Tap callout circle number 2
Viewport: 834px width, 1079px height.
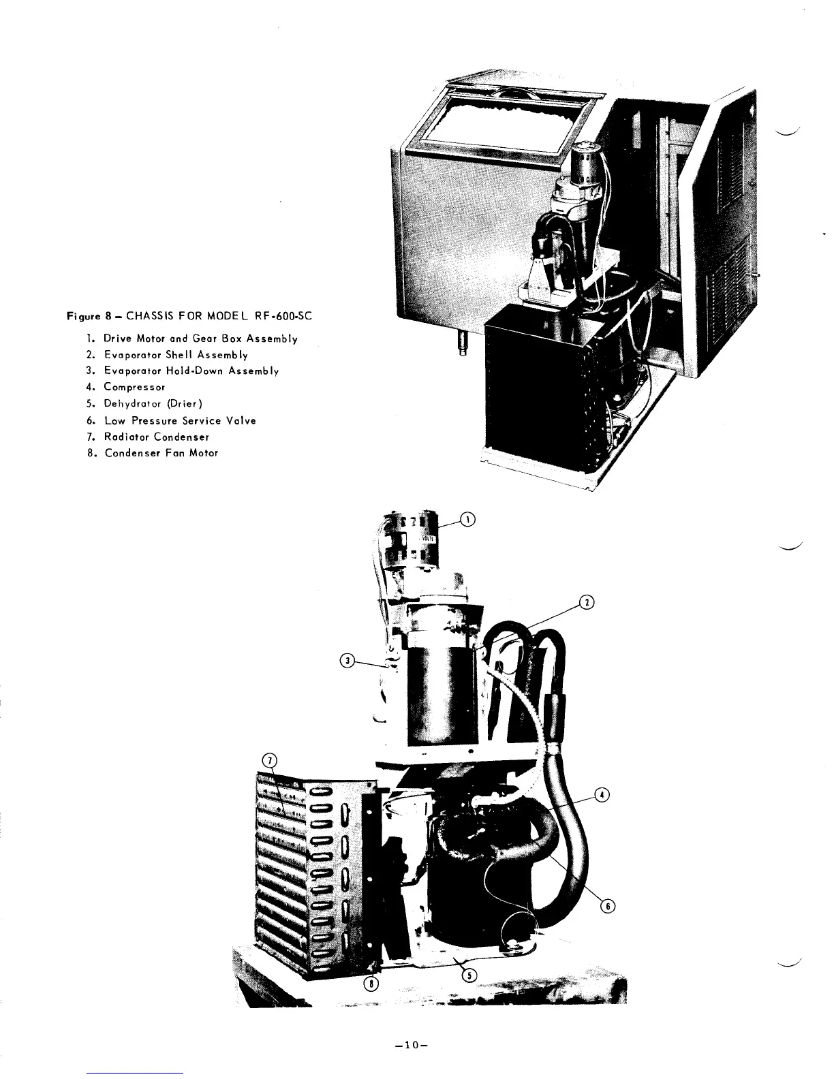click(585, 602)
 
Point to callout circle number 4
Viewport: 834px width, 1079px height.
click(602, 794)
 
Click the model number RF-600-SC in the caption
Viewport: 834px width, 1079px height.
click(283, 316)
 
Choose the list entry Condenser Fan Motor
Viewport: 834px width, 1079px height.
click(160, 453)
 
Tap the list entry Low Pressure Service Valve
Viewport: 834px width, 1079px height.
click(179, 420)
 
